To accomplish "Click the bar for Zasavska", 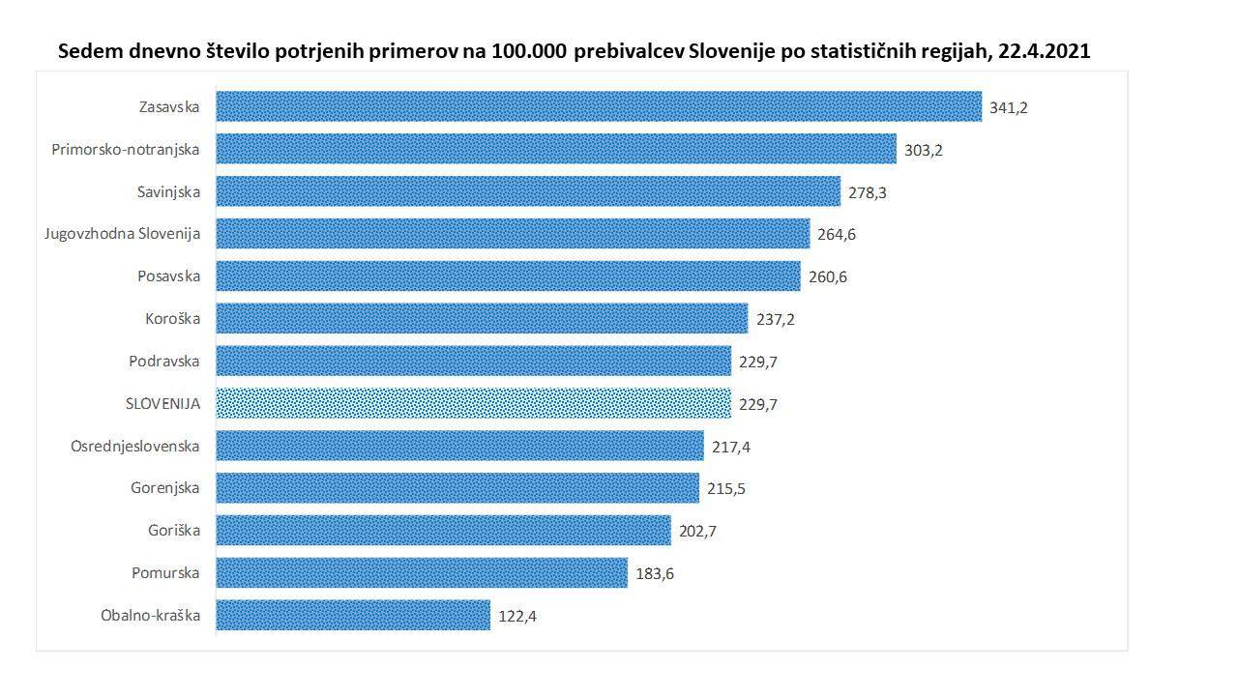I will (598, 106).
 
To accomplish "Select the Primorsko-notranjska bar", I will (555, 149).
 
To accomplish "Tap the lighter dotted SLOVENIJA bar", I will (473, 403).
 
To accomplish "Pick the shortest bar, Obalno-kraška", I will (352, 615).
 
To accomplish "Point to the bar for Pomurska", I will (421, 573).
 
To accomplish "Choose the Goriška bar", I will (443, 531).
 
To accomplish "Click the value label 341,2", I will (1008, 107).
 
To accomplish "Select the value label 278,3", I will (867, 192).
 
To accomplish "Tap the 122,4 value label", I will (516, 616).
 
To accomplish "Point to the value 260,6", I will (827, 277).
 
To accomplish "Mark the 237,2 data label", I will (775, 319).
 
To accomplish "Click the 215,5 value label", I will (725, 489).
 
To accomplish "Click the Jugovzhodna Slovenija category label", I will (122, 233).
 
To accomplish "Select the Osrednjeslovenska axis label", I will (135, 446).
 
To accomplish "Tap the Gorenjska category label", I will (165, 488).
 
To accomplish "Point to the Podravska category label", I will (164, 361).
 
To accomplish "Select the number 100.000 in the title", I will (528, 51).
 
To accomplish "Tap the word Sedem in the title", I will (90, 51).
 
